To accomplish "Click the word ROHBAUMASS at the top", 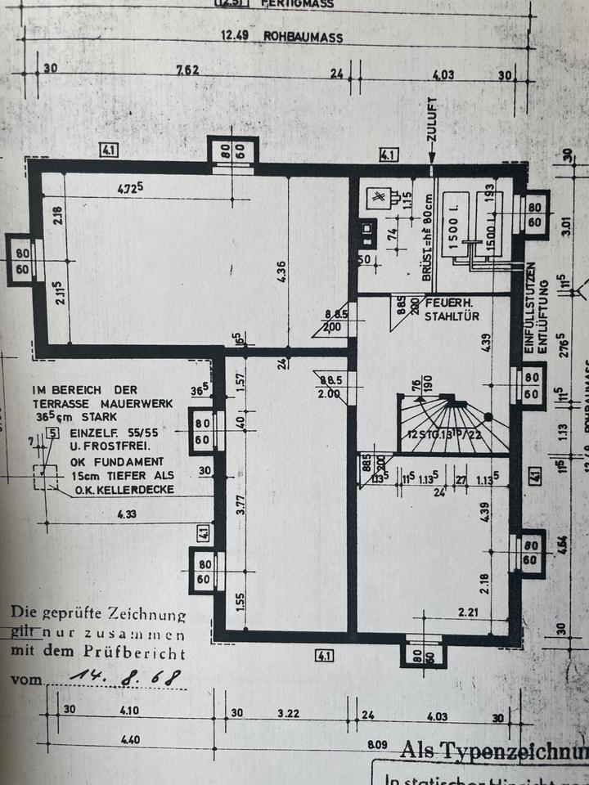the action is pyautogui.click(x=302, y=38).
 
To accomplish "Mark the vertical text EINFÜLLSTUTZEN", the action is pyautogui.click(x=530, y=307).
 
